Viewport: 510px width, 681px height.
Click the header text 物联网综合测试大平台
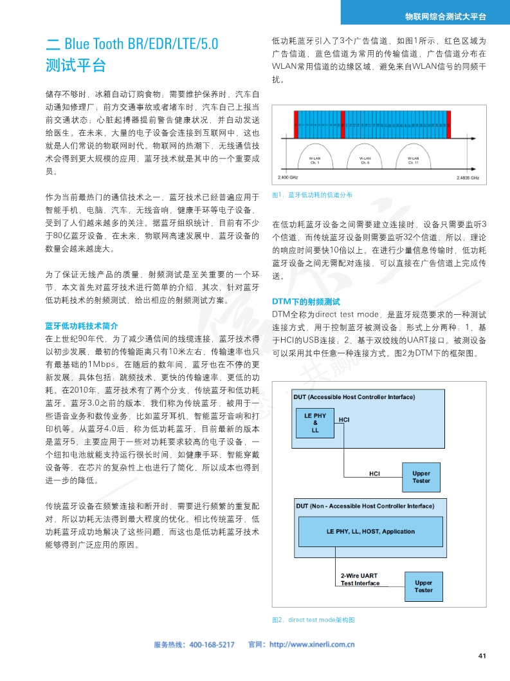pyautogui.click(x=445, y=16)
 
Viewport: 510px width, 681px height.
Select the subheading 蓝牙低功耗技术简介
pyautogui.click(x=82, y=326)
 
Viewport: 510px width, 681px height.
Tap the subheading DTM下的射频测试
pyautogui.click(x=306, y=302)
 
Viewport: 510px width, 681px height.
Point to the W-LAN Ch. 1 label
pyautogui.click(x=314, y=160)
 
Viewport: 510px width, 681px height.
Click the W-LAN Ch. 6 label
pyautogui.click(x=364, y=160)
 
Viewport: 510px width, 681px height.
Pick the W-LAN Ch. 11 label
pyautogui.click(x=414, y=160)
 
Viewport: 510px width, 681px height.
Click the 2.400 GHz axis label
pyautogui.click(x=287, y=177)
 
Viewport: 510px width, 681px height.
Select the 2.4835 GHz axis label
pyautogui.click(x=468, y=177)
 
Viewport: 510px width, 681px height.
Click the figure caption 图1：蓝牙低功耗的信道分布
pyautogui.click(x=313, y=194)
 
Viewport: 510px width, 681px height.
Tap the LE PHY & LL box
pyautogui.click(x=315, y=423)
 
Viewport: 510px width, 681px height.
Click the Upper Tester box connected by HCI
pyautogui.click(x=421, y=477)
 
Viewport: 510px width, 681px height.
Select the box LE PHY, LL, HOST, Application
pyautogui.click(x=370, y=532)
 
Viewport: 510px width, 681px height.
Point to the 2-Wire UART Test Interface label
pyautogui.click(x=360, y=579)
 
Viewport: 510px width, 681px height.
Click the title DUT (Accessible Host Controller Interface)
pyautogui.click(x=354, y=396)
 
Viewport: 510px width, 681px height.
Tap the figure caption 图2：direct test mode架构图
pyautogui.click(x=314, y=620)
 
